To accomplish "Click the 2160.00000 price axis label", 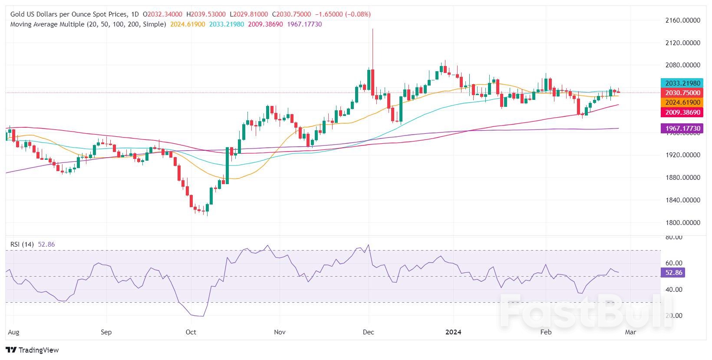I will click(x=683, y=20).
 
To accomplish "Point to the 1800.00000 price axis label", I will click(x=683, y=223).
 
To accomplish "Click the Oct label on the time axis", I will click(x=191, y=332).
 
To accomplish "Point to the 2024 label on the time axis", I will click(x=453, y=332).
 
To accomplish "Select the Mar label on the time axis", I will click(x=630, y=332).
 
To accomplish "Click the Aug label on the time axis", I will click(x=13, y=332).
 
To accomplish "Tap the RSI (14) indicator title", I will click(x=22, y=244).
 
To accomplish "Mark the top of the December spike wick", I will click(x=372, y=29).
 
